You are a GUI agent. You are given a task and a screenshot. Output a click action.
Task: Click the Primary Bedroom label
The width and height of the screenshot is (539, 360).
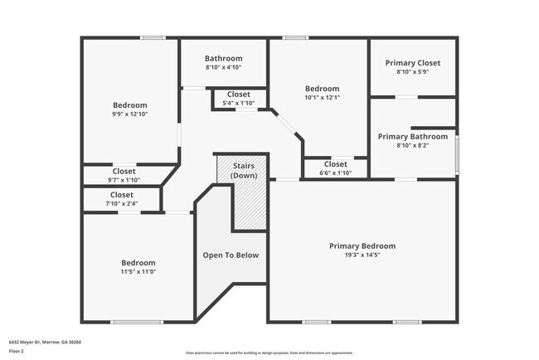click(x=362, y=246)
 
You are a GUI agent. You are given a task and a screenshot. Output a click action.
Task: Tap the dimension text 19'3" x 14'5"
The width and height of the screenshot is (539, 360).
click(x=362, y=255)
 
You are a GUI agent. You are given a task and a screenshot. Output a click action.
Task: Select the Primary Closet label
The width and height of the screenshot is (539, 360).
click(x=412, y=63)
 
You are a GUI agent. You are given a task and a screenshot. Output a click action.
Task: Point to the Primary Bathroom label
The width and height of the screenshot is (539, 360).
click(x=412, y=136)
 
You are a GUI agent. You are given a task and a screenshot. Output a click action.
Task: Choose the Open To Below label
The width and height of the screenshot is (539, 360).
click(x=231, y=255)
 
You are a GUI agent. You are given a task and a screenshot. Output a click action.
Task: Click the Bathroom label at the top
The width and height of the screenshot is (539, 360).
click(x=224, y=58)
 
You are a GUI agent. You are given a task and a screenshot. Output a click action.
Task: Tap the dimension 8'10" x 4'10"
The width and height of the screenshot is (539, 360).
click(x=224, y=67)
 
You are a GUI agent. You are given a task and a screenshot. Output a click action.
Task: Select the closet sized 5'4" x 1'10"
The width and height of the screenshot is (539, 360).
click(x=239, y=99)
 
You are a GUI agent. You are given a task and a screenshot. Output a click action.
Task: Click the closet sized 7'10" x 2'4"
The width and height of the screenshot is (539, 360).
click(x=122, y=199)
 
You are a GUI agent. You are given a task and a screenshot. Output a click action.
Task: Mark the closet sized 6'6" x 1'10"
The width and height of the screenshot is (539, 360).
click(x=335, y=168)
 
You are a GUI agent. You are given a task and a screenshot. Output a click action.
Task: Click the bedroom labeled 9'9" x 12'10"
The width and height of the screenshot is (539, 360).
click(x=130, y=109)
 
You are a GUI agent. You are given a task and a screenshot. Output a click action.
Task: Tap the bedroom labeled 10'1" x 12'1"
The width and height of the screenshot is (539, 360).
click(x=322, y=93)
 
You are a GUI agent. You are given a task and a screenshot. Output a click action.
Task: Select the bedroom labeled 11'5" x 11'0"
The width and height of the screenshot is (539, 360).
click(x=138, y=267)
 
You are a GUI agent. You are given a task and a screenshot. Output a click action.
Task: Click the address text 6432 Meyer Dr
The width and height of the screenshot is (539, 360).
click(x=45, y=341)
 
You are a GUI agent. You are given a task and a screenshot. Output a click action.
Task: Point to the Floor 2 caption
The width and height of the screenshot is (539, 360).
click(x=17, y=350)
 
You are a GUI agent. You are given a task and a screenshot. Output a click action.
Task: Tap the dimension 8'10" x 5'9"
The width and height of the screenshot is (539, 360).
click(x=412, y=72)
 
